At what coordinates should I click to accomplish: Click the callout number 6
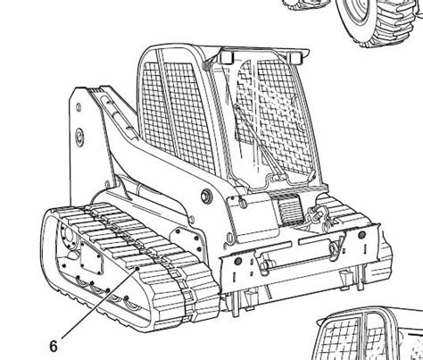click(x=54, y=347)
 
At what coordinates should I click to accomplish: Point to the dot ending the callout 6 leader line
click(x=137, y=269)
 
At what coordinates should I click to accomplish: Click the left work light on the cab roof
click(x=227, y=57)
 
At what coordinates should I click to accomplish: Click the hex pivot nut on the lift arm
click(x=206, y=196)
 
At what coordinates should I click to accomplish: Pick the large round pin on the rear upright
click(x=79, y=138)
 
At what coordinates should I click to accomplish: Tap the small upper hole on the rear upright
click(x=79, y=107)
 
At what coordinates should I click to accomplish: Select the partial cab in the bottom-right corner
click(x=369, y=335)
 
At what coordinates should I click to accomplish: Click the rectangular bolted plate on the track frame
click(x=92, y=258)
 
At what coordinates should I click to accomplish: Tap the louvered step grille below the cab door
click(x=289, y=208)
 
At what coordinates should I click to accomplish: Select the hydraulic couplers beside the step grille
click(x=318, y=216)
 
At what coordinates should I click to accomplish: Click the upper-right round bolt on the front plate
click(x=361, y=235)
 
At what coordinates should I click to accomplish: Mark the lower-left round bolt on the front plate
click(x=237, y=262)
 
